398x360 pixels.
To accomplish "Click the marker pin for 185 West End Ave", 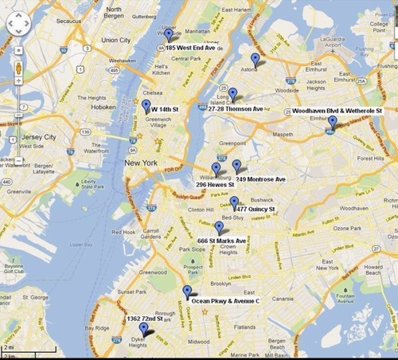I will (x=168, y=34).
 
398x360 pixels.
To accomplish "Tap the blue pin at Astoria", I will (x=255, y=59).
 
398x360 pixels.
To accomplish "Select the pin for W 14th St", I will (x=146, y=107).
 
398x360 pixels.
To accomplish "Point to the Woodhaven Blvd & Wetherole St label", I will (x=338, y=110).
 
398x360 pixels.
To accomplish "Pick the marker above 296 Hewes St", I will (x=216, y=169).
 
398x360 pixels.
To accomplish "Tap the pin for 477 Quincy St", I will (x=234, y=202).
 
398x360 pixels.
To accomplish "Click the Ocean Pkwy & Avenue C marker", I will (x=187, y=292).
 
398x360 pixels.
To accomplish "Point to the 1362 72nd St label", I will (x=144, y=319).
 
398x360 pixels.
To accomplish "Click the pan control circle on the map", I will (x=18, y=25).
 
